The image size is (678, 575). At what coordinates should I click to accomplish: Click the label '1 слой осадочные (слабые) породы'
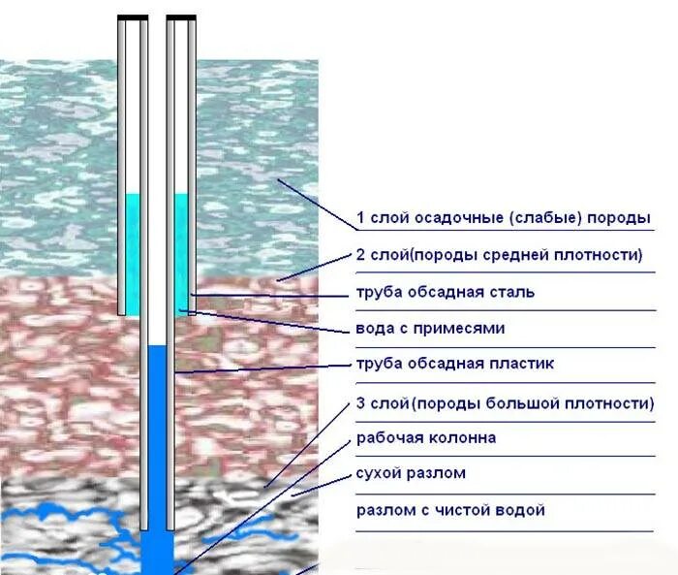503,218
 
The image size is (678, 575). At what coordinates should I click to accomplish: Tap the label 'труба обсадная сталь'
445,292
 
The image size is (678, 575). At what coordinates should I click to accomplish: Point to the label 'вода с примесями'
430,329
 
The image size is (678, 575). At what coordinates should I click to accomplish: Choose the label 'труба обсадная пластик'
454,365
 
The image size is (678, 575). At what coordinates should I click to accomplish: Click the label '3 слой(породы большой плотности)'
505,402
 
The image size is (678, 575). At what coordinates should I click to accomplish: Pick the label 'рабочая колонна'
426,438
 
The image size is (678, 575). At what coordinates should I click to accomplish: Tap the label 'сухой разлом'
411,474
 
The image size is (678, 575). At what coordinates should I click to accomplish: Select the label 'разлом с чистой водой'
450,510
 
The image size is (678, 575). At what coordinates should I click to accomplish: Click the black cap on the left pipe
133,17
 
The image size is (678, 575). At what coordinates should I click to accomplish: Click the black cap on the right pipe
181,17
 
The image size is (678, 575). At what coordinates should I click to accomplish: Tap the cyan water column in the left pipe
133,252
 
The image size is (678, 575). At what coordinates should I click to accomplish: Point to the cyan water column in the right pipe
181,252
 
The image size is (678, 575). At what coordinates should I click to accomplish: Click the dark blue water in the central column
157,436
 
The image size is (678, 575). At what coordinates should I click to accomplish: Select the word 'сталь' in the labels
512,292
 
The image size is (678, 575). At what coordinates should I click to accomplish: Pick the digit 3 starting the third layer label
361,402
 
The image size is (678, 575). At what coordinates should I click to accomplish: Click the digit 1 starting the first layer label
361,218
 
